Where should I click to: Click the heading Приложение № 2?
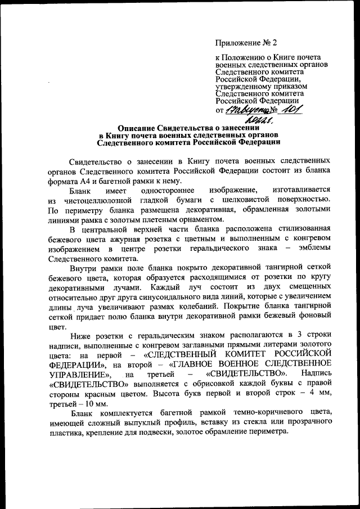point(247,42)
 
